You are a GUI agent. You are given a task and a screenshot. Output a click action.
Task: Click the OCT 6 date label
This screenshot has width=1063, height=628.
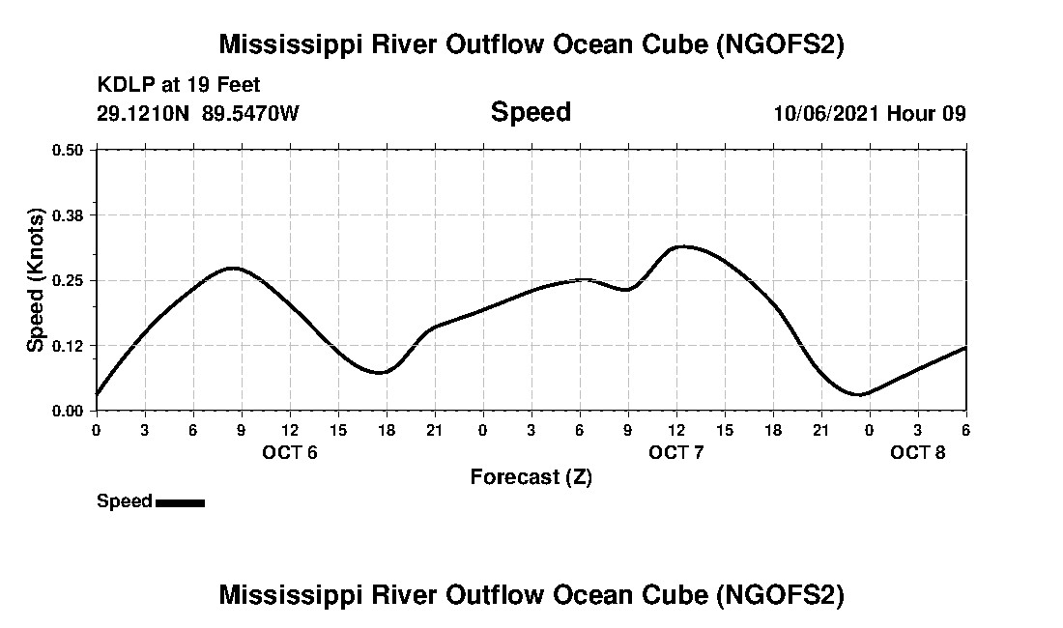point(290,452)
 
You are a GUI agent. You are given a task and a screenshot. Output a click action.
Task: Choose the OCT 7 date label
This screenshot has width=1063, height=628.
point(676,452)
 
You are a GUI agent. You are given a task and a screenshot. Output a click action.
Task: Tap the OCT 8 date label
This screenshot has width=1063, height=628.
point(918,452)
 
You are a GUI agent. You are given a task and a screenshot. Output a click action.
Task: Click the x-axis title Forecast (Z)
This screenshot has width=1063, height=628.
point(531,476)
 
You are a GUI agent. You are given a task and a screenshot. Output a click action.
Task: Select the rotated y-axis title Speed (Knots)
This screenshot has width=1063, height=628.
point(36,280)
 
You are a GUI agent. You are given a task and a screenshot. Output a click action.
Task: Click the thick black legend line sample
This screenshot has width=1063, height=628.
point(180,502)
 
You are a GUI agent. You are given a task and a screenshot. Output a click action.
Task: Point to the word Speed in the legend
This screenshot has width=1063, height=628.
point(125,501)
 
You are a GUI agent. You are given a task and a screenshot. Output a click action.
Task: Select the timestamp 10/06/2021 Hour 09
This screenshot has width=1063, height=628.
point(870,113)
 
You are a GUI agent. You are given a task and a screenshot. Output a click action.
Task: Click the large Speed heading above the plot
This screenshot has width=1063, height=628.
point(531,112)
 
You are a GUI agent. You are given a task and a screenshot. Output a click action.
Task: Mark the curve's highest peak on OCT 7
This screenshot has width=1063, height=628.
point(682,246)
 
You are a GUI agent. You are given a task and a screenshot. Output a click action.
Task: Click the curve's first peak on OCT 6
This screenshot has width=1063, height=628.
point(233,268)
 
